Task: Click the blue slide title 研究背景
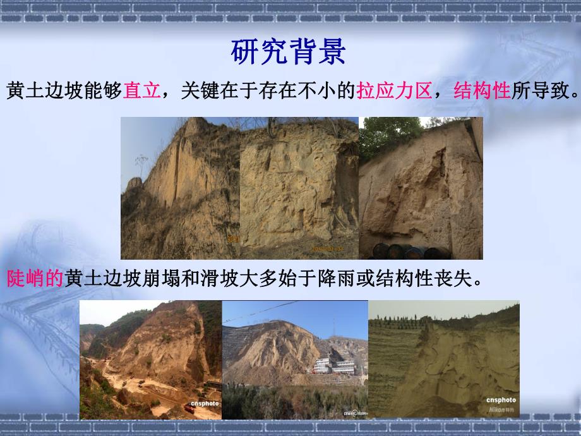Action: coord(289,52)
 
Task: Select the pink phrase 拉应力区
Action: coord(394,92)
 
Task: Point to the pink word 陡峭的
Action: coord(35,279)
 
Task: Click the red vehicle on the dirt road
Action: coord(189,409)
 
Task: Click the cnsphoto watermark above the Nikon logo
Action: coord(501,399)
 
